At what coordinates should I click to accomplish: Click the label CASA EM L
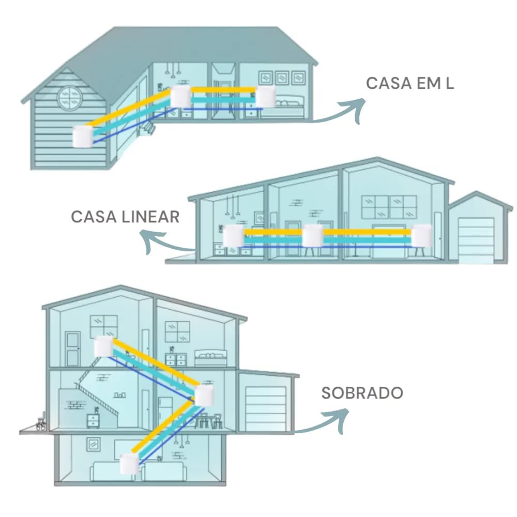[410, 83]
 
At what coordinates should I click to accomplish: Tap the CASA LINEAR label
[125, 217]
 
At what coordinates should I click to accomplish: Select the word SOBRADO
[362, 393]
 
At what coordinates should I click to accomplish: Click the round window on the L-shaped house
[70, 98]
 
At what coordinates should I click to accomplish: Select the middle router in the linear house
[313, 235]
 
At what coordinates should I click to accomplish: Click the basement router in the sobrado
[130, 464]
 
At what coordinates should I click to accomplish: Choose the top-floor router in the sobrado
[104, 346]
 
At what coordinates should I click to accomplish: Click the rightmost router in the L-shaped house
[265, 97]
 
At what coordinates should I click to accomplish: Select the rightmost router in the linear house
[422, 235]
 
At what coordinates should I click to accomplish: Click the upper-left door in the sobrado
[73, 349]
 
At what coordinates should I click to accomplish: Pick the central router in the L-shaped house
[180, 97]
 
